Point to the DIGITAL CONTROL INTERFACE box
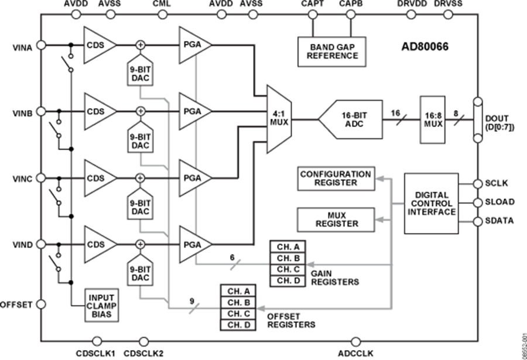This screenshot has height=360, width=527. click(433, 203)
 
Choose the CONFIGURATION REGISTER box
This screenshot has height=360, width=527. click(335, 179)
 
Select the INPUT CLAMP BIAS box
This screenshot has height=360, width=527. click(101, 306)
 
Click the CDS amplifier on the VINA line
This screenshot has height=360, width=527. click(97, 44)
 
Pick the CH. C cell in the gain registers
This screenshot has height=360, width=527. click(289, 268)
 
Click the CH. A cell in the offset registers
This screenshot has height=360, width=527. click(238, 291)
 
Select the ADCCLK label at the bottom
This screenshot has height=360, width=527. click(355, 353)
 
